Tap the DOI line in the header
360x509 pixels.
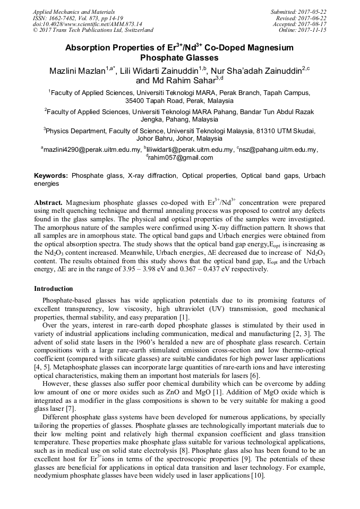click(x=87, y=24)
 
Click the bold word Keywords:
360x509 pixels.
click(x=51, y=175)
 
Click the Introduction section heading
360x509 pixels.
click(x=53, y=289)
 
